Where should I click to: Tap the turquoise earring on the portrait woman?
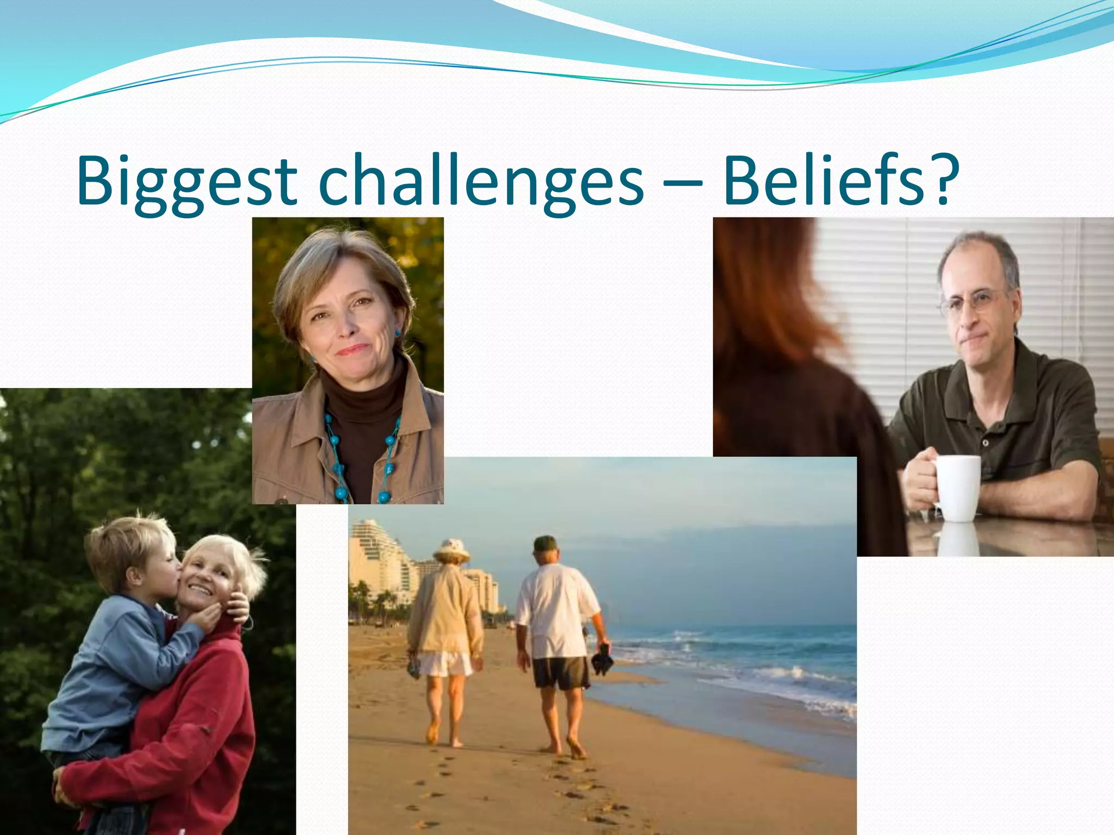click(x=398, y=331)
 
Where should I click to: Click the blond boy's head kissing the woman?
click(x=131, y=549)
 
